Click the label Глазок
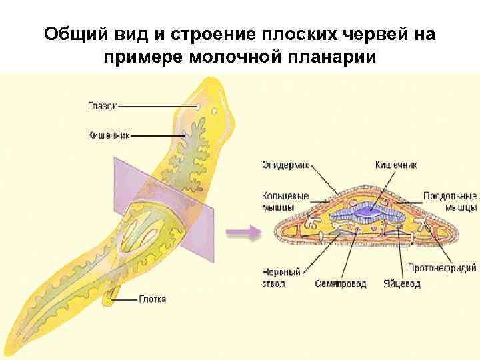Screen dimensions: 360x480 (102, 105)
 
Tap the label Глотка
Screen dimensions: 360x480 (153, 299)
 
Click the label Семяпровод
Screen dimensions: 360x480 (340, 283)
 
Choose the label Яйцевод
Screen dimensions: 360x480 (402, 283)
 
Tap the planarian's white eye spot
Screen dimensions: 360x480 (198, 107)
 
